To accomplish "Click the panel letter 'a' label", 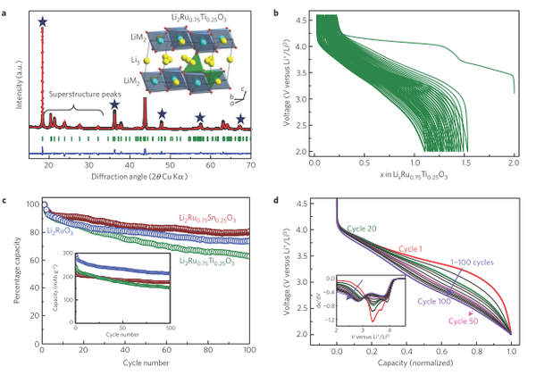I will (6, 7).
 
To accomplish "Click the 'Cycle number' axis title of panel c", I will (146, 365).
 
